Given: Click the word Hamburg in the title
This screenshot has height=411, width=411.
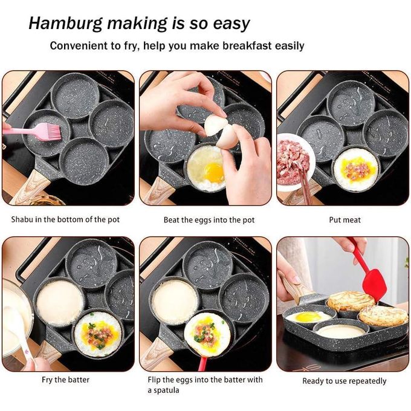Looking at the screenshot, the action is coord(65,24).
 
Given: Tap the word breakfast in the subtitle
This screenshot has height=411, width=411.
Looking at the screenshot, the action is coord(247,46).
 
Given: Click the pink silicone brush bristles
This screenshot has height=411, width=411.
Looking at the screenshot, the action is coord(54,131).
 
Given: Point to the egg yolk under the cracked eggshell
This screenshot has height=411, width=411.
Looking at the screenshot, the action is coord(214,172).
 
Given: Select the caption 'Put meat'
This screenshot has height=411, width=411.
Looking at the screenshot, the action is coord(345,219).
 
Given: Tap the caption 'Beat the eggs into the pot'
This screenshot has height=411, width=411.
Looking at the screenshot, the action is coord(209,219).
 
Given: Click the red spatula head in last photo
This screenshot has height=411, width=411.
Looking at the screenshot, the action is coord(374,285).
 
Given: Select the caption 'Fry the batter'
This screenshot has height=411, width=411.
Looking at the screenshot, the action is coord(65,380).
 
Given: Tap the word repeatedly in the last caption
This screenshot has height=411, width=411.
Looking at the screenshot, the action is coord(367,381).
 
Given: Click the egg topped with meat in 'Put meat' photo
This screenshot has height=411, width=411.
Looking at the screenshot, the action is coord(356,169).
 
